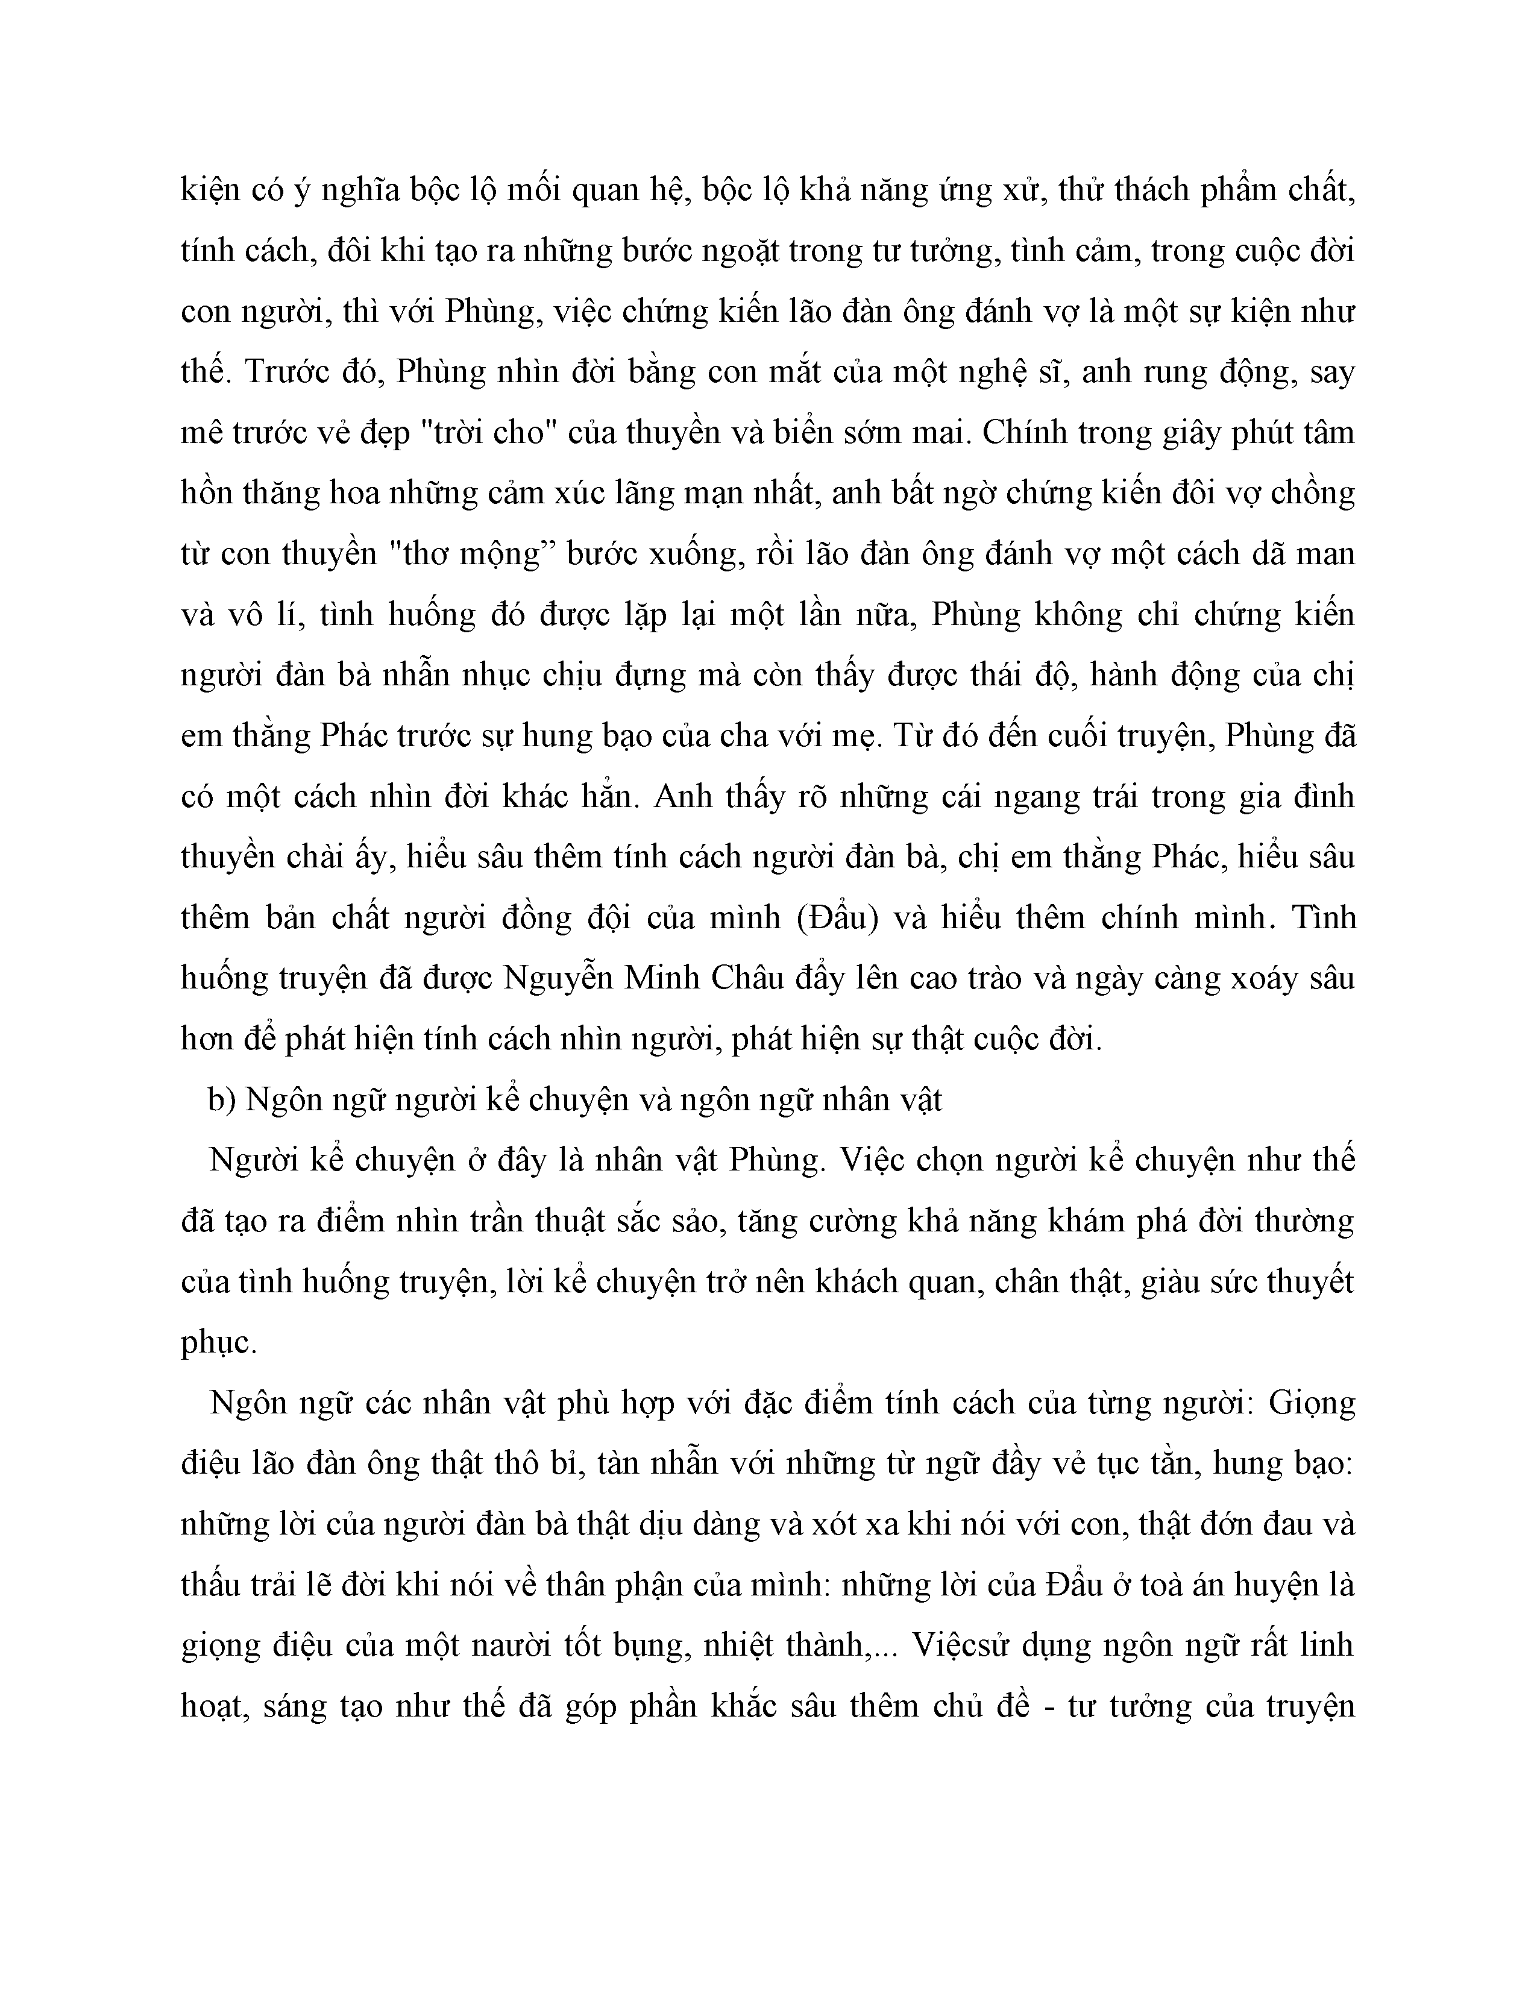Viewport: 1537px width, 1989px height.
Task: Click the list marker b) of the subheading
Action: point(222,1100)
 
